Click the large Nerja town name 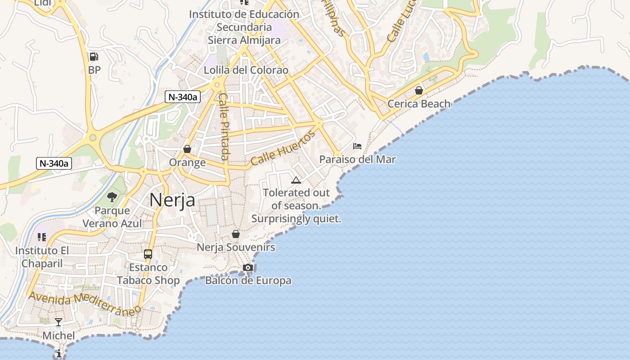click(172, 200)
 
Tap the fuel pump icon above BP click(94, 57)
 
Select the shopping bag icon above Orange click(187, 149)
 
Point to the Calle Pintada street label click(224, 126)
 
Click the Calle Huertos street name click(283, 148)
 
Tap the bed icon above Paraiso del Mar click(357, 146)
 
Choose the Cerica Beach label click(419, 104)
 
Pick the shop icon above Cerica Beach click(419, 90)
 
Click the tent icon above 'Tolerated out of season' click(296, 180)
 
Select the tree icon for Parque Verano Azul click(112, 197)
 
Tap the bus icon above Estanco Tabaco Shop click(148, 254)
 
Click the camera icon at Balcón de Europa click(247, 268)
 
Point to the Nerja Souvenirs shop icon click(235, 234)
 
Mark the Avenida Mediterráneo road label click(85, 304)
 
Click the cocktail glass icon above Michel click(58, 322)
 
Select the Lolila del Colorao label click(246, 70)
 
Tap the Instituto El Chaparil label click(42, 257)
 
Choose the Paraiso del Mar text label click(357, 159)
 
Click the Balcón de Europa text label click(248, 281)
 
